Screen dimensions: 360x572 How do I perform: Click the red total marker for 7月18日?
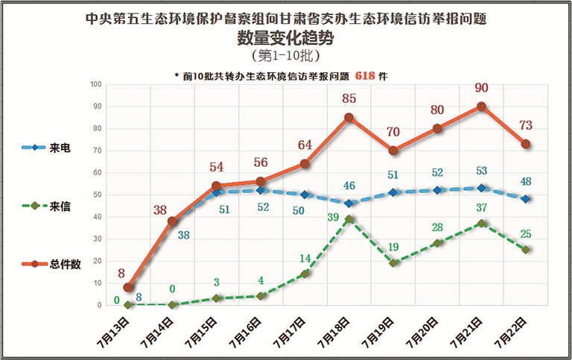(x=349, y=117)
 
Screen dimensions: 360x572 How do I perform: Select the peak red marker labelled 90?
(x=481, y=107)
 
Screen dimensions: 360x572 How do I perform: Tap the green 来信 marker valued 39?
(x=349, y=219)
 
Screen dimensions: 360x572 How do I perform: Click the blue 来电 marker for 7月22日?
(x=526, y=199)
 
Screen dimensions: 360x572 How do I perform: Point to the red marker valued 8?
(x=129, y=288)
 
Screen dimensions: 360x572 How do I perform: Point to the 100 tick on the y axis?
(x=95, y=84)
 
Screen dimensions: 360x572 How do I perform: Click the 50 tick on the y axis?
(x=98, y=195)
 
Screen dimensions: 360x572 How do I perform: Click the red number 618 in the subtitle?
(x=364, y=75)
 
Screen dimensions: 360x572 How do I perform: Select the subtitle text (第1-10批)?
(x=286, y=56)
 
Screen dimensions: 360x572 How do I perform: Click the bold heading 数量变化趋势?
(x=286, y=38)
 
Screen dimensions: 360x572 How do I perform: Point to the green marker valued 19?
(x=393, y=263)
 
